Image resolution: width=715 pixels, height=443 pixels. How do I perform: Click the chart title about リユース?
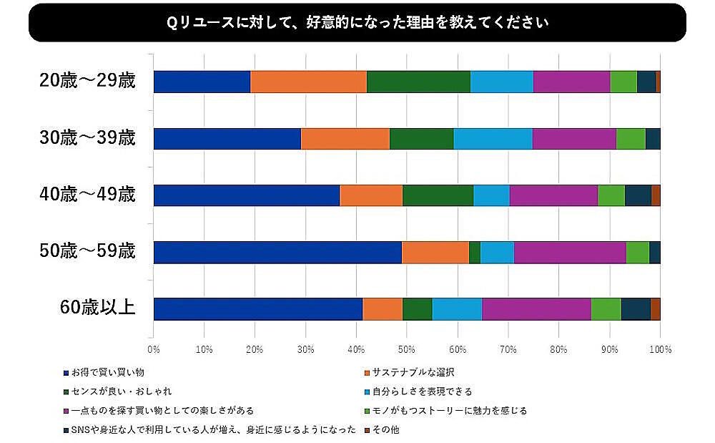point(357,22)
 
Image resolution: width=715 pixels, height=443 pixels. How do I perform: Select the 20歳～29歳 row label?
point(87,81)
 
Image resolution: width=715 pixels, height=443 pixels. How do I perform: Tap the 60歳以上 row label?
point(97,308)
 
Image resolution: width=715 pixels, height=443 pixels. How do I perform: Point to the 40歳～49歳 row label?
point(87,195)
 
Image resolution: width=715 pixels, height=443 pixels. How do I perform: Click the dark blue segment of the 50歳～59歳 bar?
point(277,252)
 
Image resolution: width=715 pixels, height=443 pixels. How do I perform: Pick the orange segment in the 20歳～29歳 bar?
point(308,82)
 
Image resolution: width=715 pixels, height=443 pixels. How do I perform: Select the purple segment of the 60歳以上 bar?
point(536,308)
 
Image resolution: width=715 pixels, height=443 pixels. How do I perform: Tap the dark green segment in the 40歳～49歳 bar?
point(438,195)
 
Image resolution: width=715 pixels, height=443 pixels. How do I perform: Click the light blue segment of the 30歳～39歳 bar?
point(493,138)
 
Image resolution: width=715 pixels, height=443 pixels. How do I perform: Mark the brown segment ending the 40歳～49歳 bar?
point(656,195)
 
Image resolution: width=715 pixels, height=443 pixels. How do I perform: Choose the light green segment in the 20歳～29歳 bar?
point(623,82)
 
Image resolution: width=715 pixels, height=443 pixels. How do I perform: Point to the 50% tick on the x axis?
point(407,350)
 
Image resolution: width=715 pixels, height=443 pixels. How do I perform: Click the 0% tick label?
point(154,350)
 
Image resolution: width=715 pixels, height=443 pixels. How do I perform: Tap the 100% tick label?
point(660,350)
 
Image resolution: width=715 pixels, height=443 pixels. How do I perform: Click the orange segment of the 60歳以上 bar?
point(383,308)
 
